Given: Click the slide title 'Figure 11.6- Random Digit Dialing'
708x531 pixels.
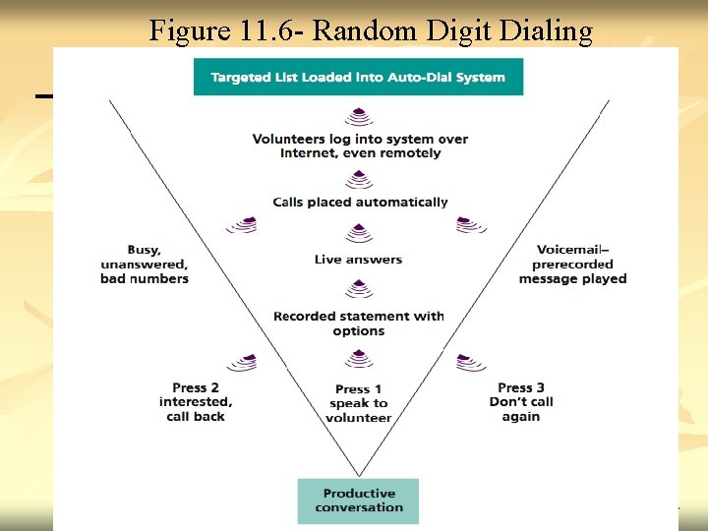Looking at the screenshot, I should [371, 31].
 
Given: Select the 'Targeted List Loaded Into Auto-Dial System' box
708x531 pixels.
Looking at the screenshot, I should [358, 77].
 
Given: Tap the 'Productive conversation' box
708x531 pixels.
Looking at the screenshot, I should [359, 501].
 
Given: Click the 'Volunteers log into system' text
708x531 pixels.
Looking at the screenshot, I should [360, 146].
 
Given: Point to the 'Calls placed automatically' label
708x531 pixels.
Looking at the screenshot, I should [360, 203].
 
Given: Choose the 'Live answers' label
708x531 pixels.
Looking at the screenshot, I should [358, 260].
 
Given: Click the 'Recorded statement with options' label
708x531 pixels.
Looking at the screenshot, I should [359, 324].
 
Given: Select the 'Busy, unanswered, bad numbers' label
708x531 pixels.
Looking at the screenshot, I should [144, 264].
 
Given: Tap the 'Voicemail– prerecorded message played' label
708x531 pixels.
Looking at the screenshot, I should [572, 264].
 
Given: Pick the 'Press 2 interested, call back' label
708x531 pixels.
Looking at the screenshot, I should [196, 402].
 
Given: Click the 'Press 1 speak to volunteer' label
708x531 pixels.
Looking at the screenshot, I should [359, 403].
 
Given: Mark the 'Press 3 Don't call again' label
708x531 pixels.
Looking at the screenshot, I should [520, 402].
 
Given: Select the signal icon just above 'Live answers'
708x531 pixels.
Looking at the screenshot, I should [359, 234].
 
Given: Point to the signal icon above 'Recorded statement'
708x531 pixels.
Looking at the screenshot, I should [359, 290].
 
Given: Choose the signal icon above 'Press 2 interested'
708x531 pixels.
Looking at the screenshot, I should [242, 363].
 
